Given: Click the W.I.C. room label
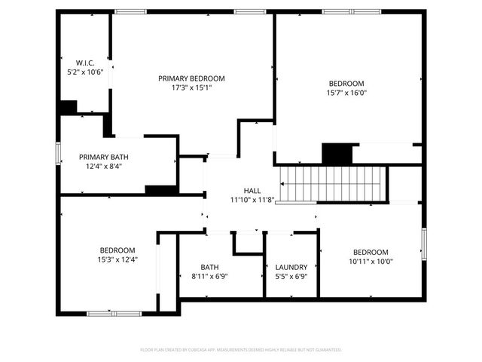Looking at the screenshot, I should (84, 62).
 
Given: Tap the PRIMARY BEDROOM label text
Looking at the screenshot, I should (191, 78).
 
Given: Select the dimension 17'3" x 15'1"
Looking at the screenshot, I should (191, 87).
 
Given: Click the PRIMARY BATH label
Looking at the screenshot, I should (104, 157).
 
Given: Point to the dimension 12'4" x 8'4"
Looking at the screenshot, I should (104, 167).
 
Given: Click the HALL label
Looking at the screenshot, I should (252, 191).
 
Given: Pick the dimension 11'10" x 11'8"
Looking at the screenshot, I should (252, 200).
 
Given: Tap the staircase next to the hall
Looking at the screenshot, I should (332, 184).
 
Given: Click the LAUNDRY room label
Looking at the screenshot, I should (291, 267).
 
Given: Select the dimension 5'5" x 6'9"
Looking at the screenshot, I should (291, 277).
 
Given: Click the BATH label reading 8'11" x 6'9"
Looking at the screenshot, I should (209, 267).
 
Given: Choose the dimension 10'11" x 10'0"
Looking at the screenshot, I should (371, 262).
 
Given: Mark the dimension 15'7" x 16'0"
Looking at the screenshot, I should (346, 93).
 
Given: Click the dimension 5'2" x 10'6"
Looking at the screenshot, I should (84, 72).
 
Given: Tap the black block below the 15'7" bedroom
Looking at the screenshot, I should (337, 154).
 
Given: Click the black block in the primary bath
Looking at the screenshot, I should (160, 189).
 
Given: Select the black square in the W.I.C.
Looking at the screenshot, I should (69, 107).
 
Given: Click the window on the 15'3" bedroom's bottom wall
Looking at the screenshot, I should (114, 313).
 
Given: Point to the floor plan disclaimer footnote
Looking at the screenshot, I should (241, 350).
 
